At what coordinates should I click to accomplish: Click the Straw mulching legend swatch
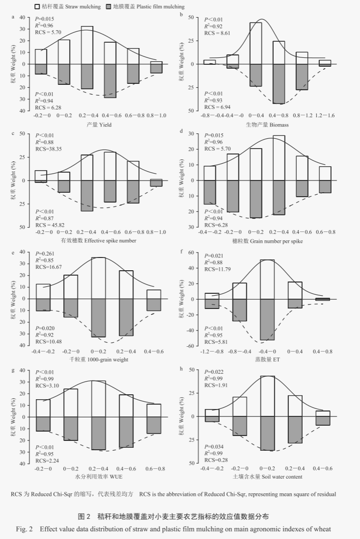pos(38,7)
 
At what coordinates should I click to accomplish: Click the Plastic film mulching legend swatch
pos(110,7)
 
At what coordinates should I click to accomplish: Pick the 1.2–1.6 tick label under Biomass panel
pos(325,116)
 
